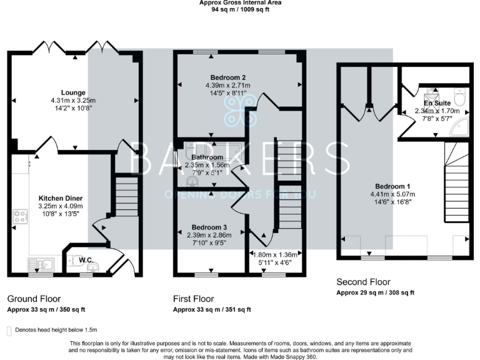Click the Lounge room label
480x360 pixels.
pyautogui.click(x=74, y=92)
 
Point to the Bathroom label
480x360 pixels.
pyautogui.click(x=207, y=157)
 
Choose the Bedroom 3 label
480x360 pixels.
pyautogui.click(x=209, y=227)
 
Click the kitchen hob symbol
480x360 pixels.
pyautogui.click(x=19, y=217)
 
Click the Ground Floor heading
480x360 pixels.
pyautogui.click(x=34, y=299)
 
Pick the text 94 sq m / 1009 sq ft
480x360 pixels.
pyautogui.click(x=240, y=10)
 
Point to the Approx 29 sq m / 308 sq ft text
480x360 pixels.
pyautogui.click(x=375, y=292)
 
